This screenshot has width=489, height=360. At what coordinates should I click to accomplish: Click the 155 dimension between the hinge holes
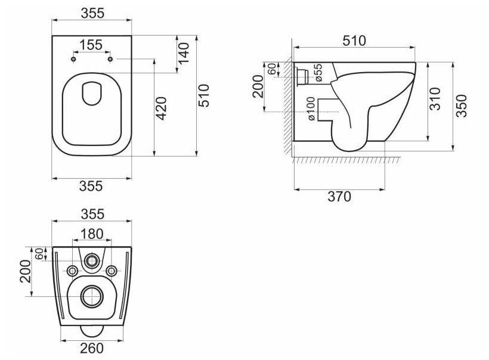[91, 45]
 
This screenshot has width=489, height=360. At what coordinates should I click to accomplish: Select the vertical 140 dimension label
[184, 52]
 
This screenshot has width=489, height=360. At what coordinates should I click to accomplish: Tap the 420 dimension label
[162, 108]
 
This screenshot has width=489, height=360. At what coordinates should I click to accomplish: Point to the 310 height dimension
[435, 99]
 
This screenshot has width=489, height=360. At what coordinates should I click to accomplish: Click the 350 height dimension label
[462, 106]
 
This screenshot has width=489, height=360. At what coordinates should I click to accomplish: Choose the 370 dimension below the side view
[339, 197]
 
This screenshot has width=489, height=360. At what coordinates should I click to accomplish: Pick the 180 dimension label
[92, 234]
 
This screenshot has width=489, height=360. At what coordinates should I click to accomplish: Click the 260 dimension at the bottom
[92, 349]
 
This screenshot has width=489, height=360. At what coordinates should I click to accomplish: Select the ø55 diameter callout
[318, 73]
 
